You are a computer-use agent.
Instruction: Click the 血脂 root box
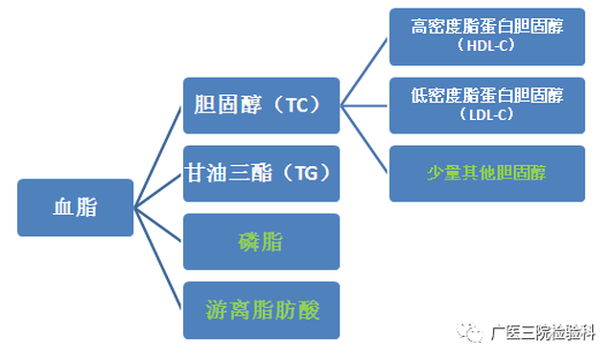pos(75,207)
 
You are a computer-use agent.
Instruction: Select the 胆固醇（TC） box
pos(261,106)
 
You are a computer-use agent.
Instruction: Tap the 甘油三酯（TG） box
pos(261,173)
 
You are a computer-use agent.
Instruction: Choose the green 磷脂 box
pos(261,241)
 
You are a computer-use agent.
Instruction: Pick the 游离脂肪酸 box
pos(261,309)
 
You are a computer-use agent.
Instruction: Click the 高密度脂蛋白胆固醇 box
pos(486,36)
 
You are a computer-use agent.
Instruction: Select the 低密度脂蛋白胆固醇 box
pos(486,105)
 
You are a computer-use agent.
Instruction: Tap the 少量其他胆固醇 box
pos(486,173)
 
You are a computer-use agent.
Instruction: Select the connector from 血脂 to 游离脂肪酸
pos(158,258)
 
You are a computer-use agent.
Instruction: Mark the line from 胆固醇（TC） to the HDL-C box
pos(365,71)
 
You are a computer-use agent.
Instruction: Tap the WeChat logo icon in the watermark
pos(472,332)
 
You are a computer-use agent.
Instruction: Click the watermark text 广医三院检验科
pos(543,333)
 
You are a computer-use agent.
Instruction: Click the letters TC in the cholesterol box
pos(296,106)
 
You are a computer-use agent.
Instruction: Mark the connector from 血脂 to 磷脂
pos(158,224)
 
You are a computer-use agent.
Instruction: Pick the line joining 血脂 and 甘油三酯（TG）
pos(158,190)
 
